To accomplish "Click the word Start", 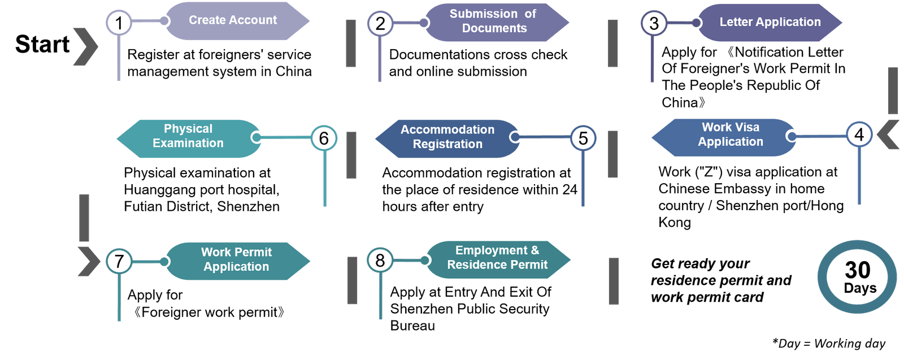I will pos(42,44).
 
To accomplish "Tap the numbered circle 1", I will pos(119,23).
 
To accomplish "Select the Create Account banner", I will pos(233,20).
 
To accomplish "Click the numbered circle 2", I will pos(380,23).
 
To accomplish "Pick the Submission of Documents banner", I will pos(493,21).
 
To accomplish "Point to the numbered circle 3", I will pos(654,23).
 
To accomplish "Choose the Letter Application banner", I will pos(770,22).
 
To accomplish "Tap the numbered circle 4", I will pos(859,135).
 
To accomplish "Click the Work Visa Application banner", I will pos(730,135).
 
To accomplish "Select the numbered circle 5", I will pos(583,138).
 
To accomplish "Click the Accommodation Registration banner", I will pos(447,137).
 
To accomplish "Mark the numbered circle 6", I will pos(324,138).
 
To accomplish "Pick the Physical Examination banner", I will pos(188,136).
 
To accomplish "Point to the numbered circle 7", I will pos(119,261).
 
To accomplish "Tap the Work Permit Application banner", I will pos(236,259).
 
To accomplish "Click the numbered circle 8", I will pos(380,260).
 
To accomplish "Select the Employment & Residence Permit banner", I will pos(497,258).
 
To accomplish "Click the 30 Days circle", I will pos(858,277).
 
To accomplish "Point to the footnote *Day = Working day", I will pos(829,343).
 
